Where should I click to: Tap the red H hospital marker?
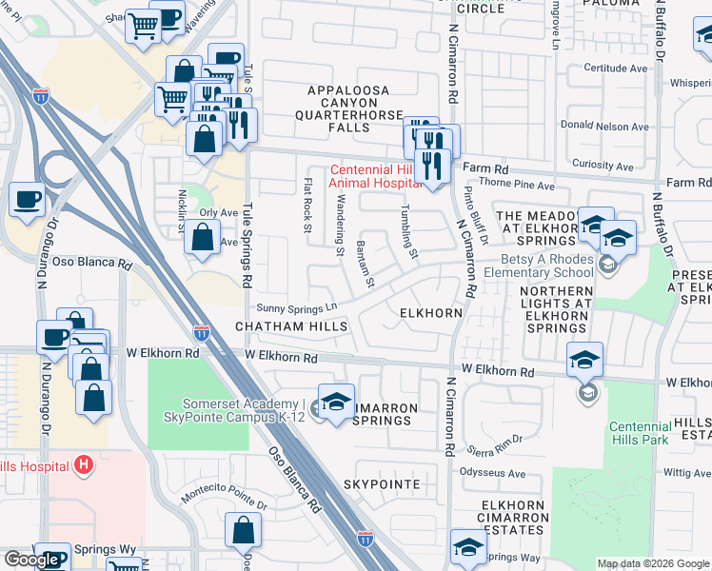(x=84, y=465)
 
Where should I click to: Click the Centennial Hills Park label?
(x=646, y=435)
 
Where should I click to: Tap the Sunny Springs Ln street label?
(x=298, y=307)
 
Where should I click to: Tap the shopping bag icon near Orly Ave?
(x=203, y=238)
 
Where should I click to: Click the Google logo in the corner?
(x=31, y=561)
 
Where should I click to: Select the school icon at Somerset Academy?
(x=335, y=403)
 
